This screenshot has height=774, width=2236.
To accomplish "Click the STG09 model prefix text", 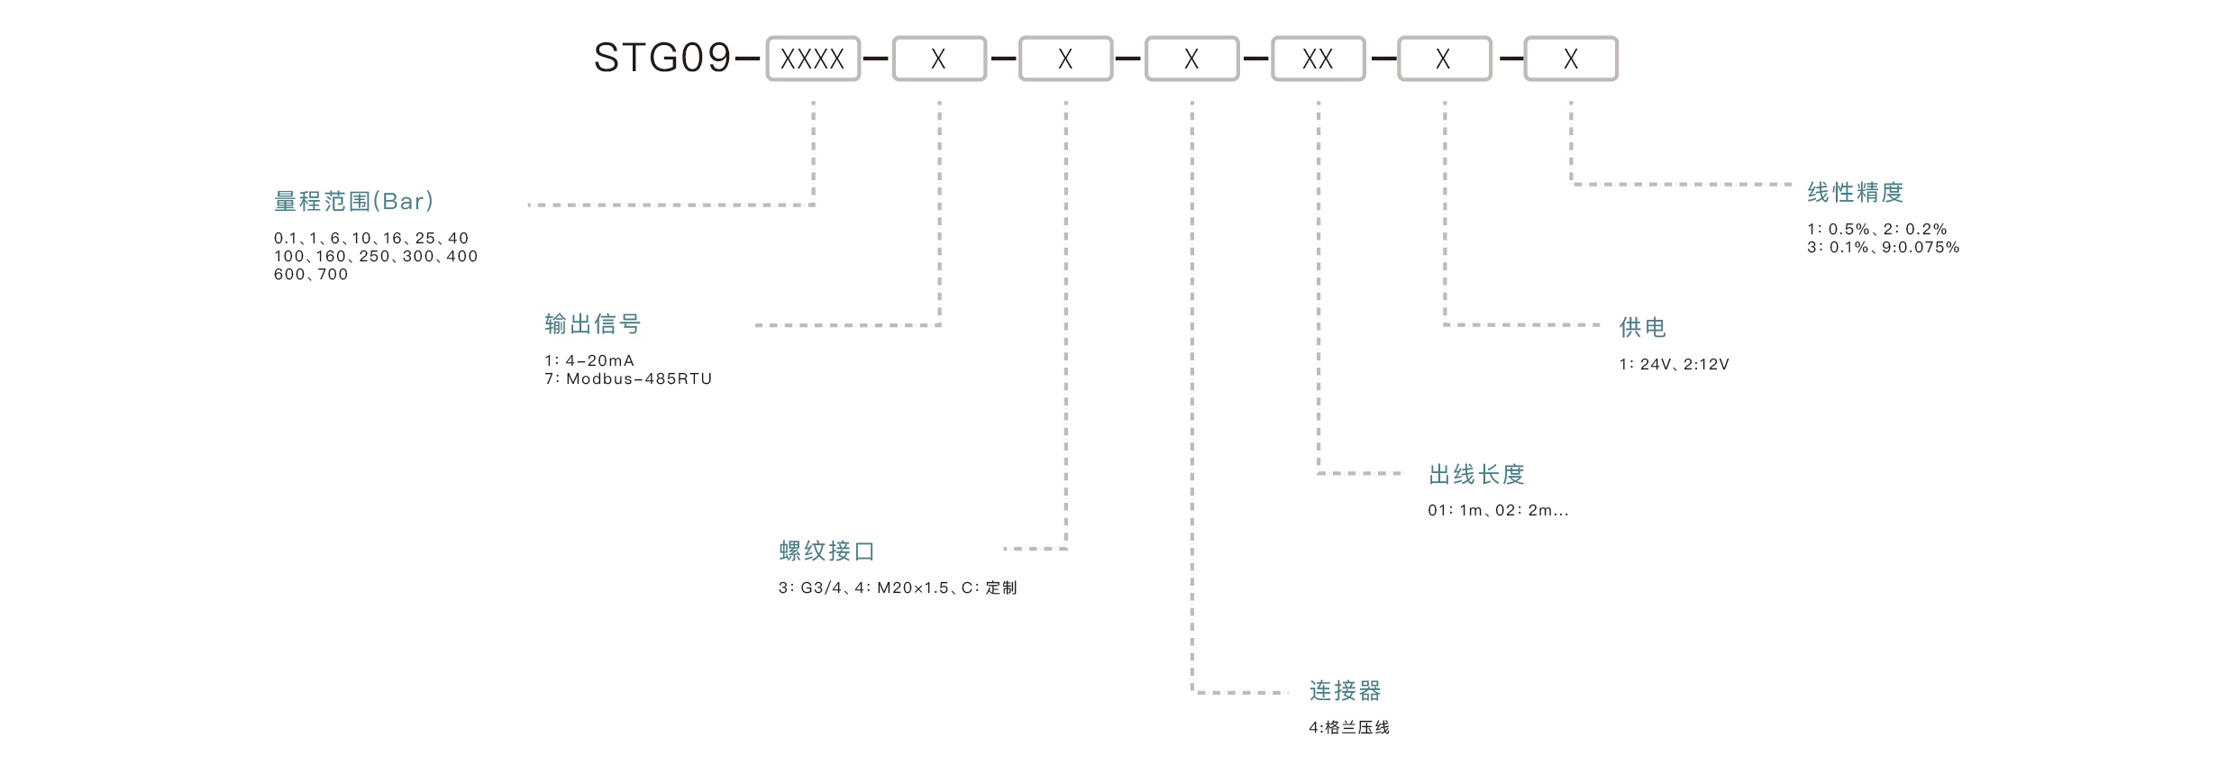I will coord(662,59).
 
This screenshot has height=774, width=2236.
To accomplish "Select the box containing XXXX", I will coord(813,59).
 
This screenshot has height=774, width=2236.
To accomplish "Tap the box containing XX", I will coord(1318,59).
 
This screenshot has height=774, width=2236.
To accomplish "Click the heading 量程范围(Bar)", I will coord(354,201).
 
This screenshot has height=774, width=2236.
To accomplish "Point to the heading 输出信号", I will coord(593,323).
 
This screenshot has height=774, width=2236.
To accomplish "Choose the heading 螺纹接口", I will coord(827,551).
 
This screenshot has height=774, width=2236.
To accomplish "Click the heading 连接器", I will coord(1346,691).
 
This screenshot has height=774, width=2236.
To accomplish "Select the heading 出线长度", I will coord(1476,474).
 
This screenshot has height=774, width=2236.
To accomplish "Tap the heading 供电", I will coord(1643,327).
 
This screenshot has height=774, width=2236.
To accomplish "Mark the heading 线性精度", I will coord(1856,192).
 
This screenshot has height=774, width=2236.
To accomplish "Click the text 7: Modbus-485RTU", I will coord(628,379).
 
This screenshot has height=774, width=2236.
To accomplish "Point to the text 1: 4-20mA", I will coord(589,360).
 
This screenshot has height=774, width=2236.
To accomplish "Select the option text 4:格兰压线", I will coord(1349,727).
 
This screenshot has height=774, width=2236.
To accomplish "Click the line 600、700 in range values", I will coord(311,275).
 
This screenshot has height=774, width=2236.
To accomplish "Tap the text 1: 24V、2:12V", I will coord(1674,364).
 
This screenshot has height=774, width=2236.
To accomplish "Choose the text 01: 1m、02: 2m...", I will coord(1498,510).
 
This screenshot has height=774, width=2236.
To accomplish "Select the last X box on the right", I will coord(1571,59).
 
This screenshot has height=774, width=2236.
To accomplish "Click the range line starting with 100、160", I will coord(376,257).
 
